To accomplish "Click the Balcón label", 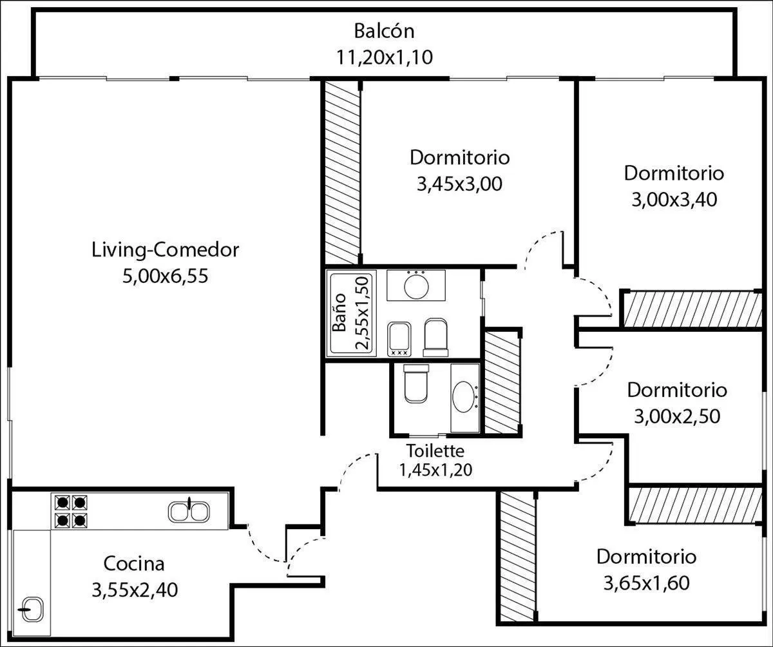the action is (385, 31).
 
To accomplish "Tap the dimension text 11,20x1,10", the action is (385, 57).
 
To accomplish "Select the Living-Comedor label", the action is (165, 250).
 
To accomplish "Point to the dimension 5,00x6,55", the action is (165, 276).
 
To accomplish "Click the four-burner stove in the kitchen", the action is (71, 512).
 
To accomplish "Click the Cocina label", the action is (134, 564).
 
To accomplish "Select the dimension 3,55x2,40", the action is (135, 590).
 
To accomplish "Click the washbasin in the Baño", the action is (416, 285).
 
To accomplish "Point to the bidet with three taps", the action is (399, 339).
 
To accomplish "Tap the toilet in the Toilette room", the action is (416, 383).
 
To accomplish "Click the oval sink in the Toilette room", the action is (465, 397).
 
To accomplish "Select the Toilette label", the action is (435, 450).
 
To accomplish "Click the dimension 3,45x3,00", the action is (460, 184).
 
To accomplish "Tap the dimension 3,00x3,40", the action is (674, 200).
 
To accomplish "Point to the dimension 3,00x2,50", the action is (677, 416).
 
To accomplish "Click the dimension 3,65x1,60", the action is (647, 583).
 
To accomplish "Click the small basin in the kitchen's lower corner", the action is (32, 609).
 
